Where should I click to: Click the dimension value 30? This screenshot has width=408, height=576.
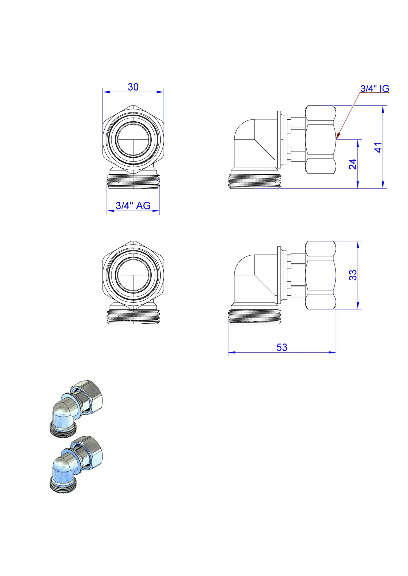133,87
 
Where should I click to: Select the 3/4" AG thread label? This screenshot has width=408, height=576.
133,206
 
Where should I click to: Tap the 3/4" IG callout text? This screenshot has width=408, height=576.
375,89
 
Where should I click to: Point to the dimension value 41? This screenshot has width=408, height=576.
378,148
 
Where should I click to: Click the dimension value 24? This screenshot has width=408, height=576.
353,164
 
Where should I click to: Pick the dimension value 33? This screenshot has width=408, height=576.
353,275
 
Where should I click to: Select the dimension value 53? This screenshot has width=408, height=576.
282,347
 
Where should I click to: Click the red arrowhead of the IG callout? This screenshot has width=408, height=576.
337,136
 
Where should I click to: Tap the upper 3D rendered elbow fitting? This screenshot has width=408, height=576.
76,410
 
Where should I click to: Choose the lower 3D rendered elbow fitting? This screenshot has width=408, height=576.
76,465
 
